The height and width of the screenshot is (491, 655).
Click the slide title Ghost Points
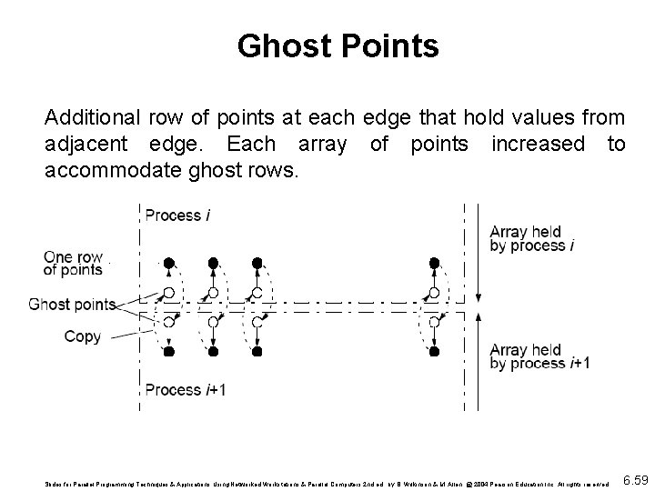click(338, 46)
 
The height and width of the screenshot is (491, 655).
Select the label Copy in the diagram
click(82, 336)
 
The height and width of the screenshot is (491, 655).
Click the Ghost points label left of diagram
click(72, 304)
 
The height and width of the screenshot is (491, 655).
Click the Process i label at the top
click(178, 215)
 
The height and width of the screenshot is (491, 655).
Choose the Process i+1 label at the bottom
click(186, 390)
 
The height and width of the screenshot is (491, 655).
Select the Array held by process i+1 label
click(539, 356)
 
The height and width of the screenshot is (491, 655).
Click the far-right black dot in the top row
click(434, 263)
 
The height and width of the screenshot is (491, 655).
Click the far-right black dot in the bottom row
click(434, 351)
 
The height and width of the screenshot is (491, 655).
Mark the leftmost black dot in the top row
click(168, 263)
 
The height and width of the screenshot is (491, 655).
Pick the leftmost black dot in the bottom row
click(168, 351)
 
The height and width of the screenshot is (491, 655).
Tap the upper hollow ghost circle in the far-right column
click(434, 293)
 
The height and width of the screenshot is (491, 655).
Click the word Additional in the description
click(91, 117)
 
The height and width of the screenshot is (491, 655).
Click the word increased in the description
click(537, 143)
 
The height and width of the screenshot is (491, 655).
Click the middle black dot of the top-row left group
click(213, 263)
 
